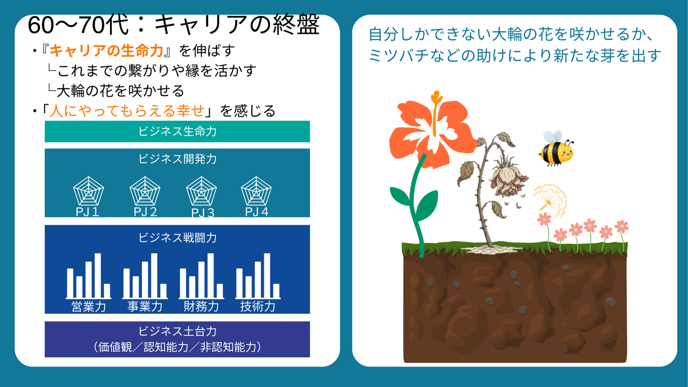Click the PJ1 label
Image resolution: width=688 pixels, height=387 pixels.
87,212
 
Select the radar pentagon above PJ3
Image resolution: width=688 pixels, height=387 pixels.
202,191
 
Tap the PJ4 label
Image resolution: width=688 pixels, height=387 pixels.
257,212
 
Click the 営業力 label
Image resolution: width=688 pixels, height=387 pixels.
89,307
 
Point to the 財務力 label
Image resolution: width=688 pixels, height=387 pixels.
201,307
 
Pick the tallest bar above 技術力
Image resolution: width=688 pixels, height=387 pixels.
267,276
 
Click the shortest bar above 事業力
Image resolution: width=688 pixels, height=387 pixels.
163,290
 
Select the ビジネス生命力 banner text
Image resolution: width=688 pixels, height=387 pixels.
178,131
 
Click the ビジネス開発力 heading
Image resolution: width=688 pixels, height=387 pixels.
178,159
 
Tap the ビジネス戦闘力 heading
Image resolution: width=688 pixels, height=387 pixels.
178,238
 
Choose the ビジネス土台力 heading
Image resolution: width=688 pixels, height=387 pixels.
178,331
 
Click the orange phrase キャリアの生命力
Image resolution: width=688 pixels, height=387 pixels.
106,51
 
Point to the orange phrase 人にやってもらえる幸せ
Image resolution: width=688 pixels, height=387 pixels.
127,111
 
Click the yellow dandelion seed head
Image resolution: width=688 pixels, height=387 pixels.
550,200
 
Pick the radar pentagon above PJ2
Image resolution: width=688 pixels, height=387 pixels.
145,191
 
